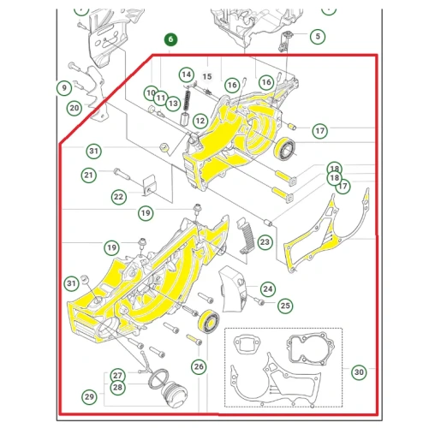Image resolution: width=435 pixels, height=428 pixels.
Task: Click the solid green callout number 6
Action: (x=170, y=39)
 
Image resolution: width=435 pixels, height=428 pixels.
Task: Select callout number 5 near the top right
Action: (x=318, y=36)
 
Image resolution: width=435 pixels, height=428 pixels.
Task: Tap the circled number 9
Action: (x=64, y=87)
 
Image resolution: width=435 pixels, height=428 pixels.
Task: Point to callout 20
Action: (x=74, y=108)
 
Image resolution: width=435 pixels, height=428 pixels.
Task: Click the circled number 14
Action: (x=187, y=74)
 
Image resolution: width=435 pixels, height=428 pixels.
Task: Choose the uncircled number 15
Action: (x=207, y=76)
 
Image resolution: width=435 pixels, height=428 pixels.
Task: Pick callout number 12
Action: (x=200, y=121)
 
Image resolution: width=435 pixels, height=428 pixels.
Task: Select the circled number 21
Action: (x=89, y=175)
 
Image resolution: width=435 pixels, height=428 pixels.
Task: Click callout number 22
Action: (x=119, y=197)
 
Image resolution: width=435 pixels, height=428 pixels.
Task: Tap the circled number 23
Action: (x=265, y=242)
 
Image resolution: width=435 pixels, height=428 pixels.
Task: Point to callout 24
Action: (x=268, y=288)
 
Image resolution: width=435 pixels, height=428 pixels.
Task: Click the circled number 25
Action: (x=285, y=306)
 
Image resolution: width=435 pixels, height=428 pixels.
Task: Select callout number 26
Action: (x=199, y=366)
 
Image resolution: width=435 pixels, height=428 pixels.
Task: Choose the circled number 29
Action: (x=89, y=396)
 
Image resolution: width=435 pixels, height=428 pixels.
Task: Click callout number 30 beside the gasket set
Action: (x=359, y=372)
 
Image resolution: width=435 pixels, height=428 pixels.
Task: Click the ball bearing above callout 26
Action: (x=209, y=321)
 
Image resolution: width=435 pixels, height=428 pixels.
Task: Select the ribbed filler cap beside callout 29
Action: (x=174, y=393)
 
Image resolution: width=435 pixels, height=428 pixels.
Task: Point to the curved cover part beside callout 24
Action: (x=232, y=288)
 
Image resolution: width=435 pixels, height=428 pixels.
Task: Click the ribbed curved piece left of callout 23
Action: (x=246, y=235)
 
